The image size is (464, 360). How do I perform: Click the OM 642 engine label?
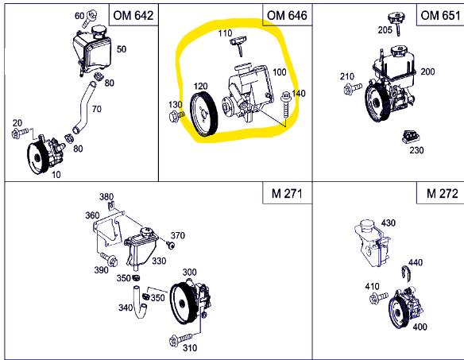click(x=133, y=15)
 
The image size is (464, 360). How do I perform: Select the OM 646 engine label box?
click(x=287, y=15)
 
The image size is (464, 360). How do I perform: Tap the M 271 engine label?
click(x=287, y=194)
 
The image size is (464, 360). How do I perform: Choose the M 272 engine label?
click(x=442, y=194)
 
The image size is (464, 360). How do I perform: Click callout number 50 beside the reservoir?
click(x=122, y=49)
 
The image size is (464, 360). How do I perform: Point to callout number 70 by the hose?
click(x=97, y=109)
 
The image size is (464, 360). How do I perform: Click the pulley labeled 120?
click(x=203, y=114)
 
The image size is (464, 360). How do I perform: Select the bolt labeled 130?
click(x=176, y=116)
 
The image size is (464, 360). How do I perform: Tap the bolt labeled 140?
click(x=285, y=105)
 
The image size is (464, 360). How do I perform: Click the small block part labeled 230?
click(x=411, y=137)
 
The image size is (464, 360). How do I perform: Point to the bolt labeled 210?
click(x=353, y=88)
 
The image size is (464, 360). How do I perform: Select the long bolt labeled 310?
click(x=181, y=339)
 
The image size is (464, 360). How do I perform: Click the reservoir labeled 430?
click(x=371, y=242)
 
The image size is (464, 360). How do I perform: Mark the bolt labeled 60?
click(x=90, y=18)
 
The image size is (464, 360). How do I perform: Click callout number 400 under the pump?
click(x=420, y=327)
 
